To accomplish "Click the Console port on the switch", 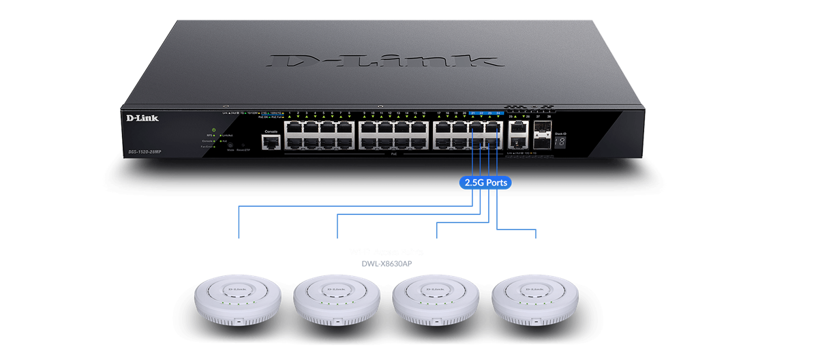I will click(271, 142).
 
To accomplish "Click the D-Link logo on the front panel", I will click(142, 119).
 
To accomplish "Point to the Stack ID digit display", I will click(559, 142).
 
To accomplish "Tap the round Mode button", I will click(230, 145).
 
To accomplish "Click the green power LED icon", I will click(214, 130).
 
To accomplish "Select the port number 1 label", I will click(290, 112).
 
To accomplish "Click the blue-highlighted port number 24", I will click(499, 112).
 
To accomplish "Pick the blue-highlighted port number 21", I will click(473, 112).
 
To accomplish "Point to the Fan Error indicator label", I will click(207, 147).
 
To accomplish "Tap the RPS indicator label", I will click(210, 136).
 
